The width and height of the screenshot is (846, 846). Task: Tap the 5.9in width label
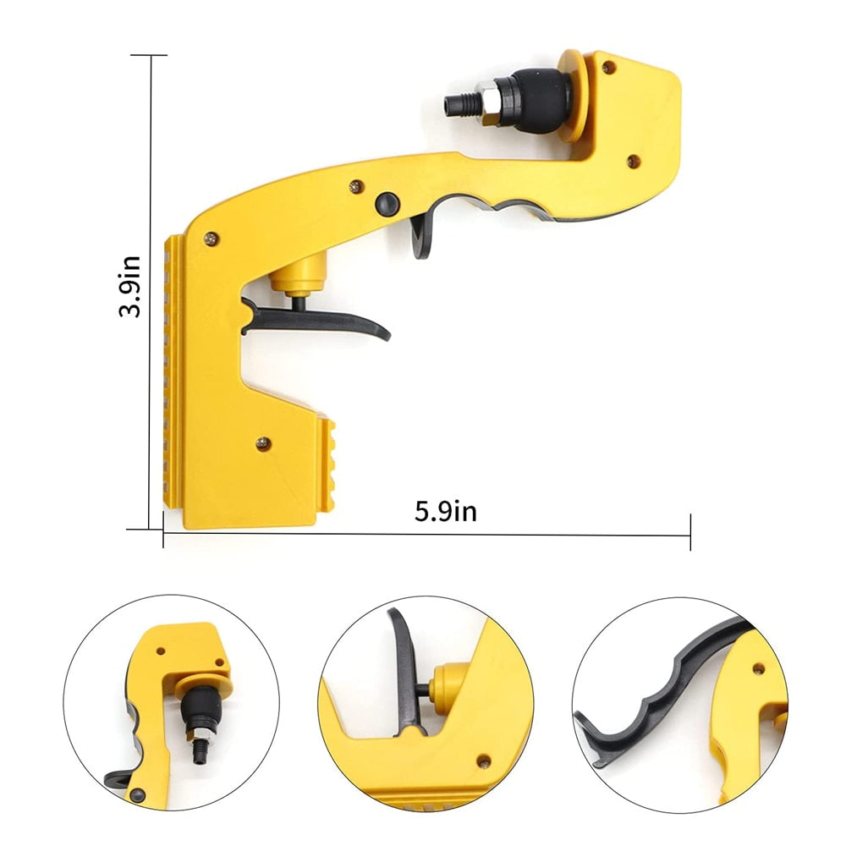click(445, 511)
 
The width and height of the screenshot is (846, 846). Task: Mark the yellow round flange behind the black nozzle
click(574, 95)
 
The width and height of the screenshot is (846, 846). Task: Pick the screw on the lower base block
click(263, 441)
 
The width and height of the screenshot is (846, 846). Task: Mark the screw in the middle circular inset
click(483, 762)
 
